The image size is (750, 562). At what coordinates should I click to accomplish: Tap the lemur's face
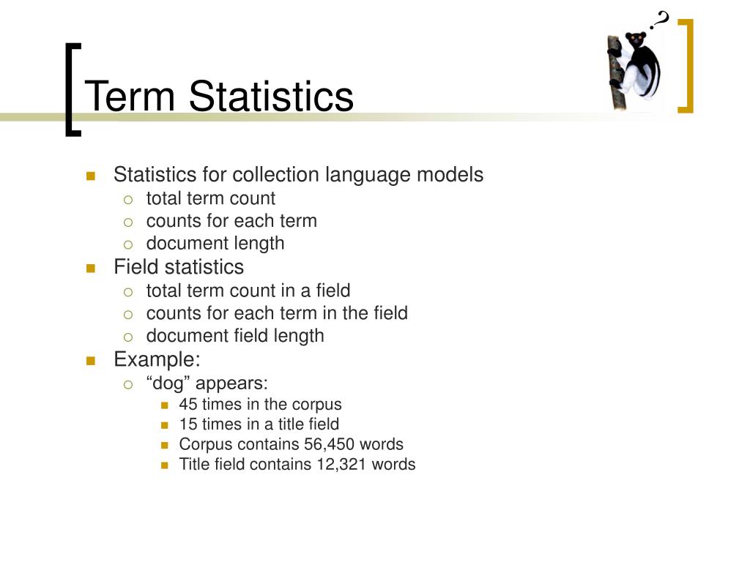(636, 39)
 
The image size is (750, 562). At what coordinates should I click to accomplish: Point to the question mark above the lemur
(660, 20)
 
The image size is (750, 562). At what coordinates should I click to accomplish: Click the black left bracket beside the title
(70, 90)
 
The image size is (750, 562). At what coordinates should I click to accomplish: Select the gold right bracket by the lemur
(688, 66)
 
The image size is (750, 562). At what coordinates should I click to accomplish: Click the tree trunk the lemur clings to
(616, 72)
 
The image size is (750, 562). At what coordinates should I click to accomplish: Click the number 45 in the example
(188, 404)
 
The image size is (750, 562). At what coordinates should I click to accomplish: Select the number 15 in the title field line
(188, 424)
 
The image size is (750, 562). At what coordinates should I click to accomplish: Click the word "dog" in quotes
(168, 383)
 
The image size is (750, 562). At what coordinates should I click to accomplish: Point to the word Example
(157, 359)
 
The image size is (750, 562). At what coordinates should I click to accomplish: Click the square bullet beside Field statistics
(91, 268)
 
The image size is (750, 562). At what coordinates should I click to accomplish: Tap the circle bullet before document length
(127, 245)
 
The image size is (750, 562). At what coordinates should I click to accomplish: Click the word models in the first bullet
(450, 174)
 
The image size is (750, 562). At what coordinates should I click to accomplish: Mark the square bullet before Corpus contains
(165, 446)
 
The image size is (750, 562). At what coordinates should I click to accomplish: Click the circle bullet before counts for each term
(127, 222)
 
